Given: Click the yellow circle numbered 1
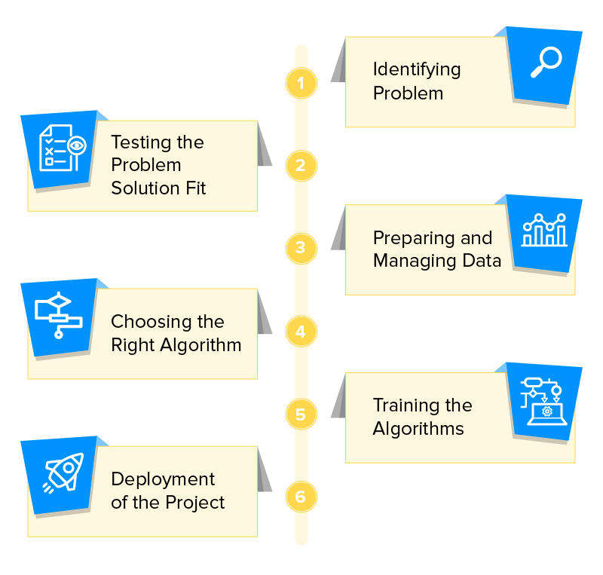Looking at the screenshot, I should (301, 83).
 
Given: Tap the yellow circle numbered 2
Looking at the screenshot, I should (301, 166).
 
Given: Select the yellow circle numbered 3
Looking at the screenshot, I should (301, 248).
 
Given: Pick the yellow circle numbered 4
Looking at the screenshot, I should (301, 332).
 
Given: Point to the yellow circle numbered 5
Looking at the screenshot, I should (301, 414).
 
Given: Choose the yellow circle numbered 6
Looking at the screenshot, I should (301, 497).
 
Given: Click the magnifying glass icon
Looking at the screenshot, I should (546, 63).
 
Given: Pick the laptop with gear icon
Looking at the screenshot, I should (544, 400).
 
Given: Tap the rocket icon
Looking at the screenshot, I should (61, 475).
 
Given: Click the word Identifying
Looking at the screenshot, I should (417, 69).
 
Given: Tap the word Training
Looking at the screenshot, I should (406, 405).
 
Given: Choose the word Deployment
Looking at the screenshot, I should (163, 479).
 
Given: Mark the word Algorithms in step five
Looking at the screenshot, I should (418, 429).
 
